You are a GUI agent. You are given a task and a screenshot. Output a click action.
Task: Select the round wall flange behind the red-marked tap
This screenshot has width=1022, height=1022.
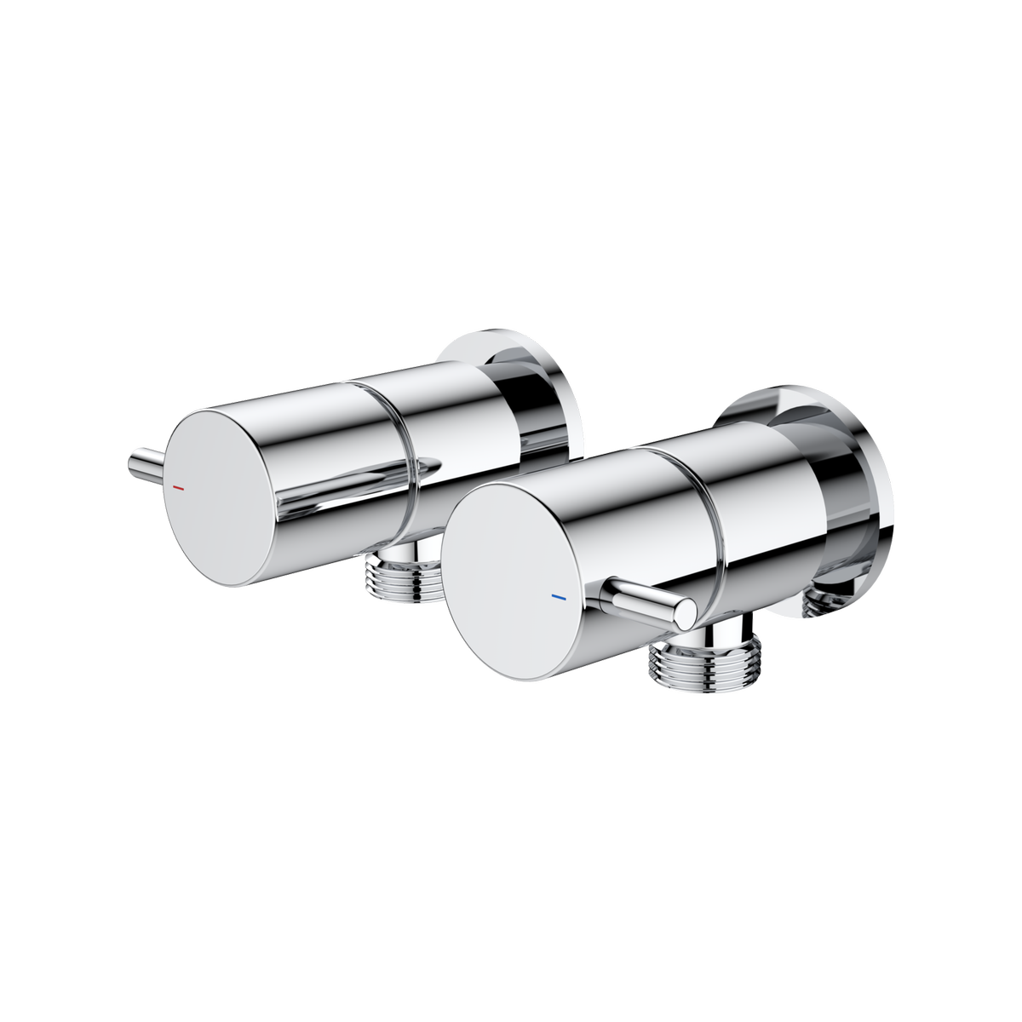(545, 388)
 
